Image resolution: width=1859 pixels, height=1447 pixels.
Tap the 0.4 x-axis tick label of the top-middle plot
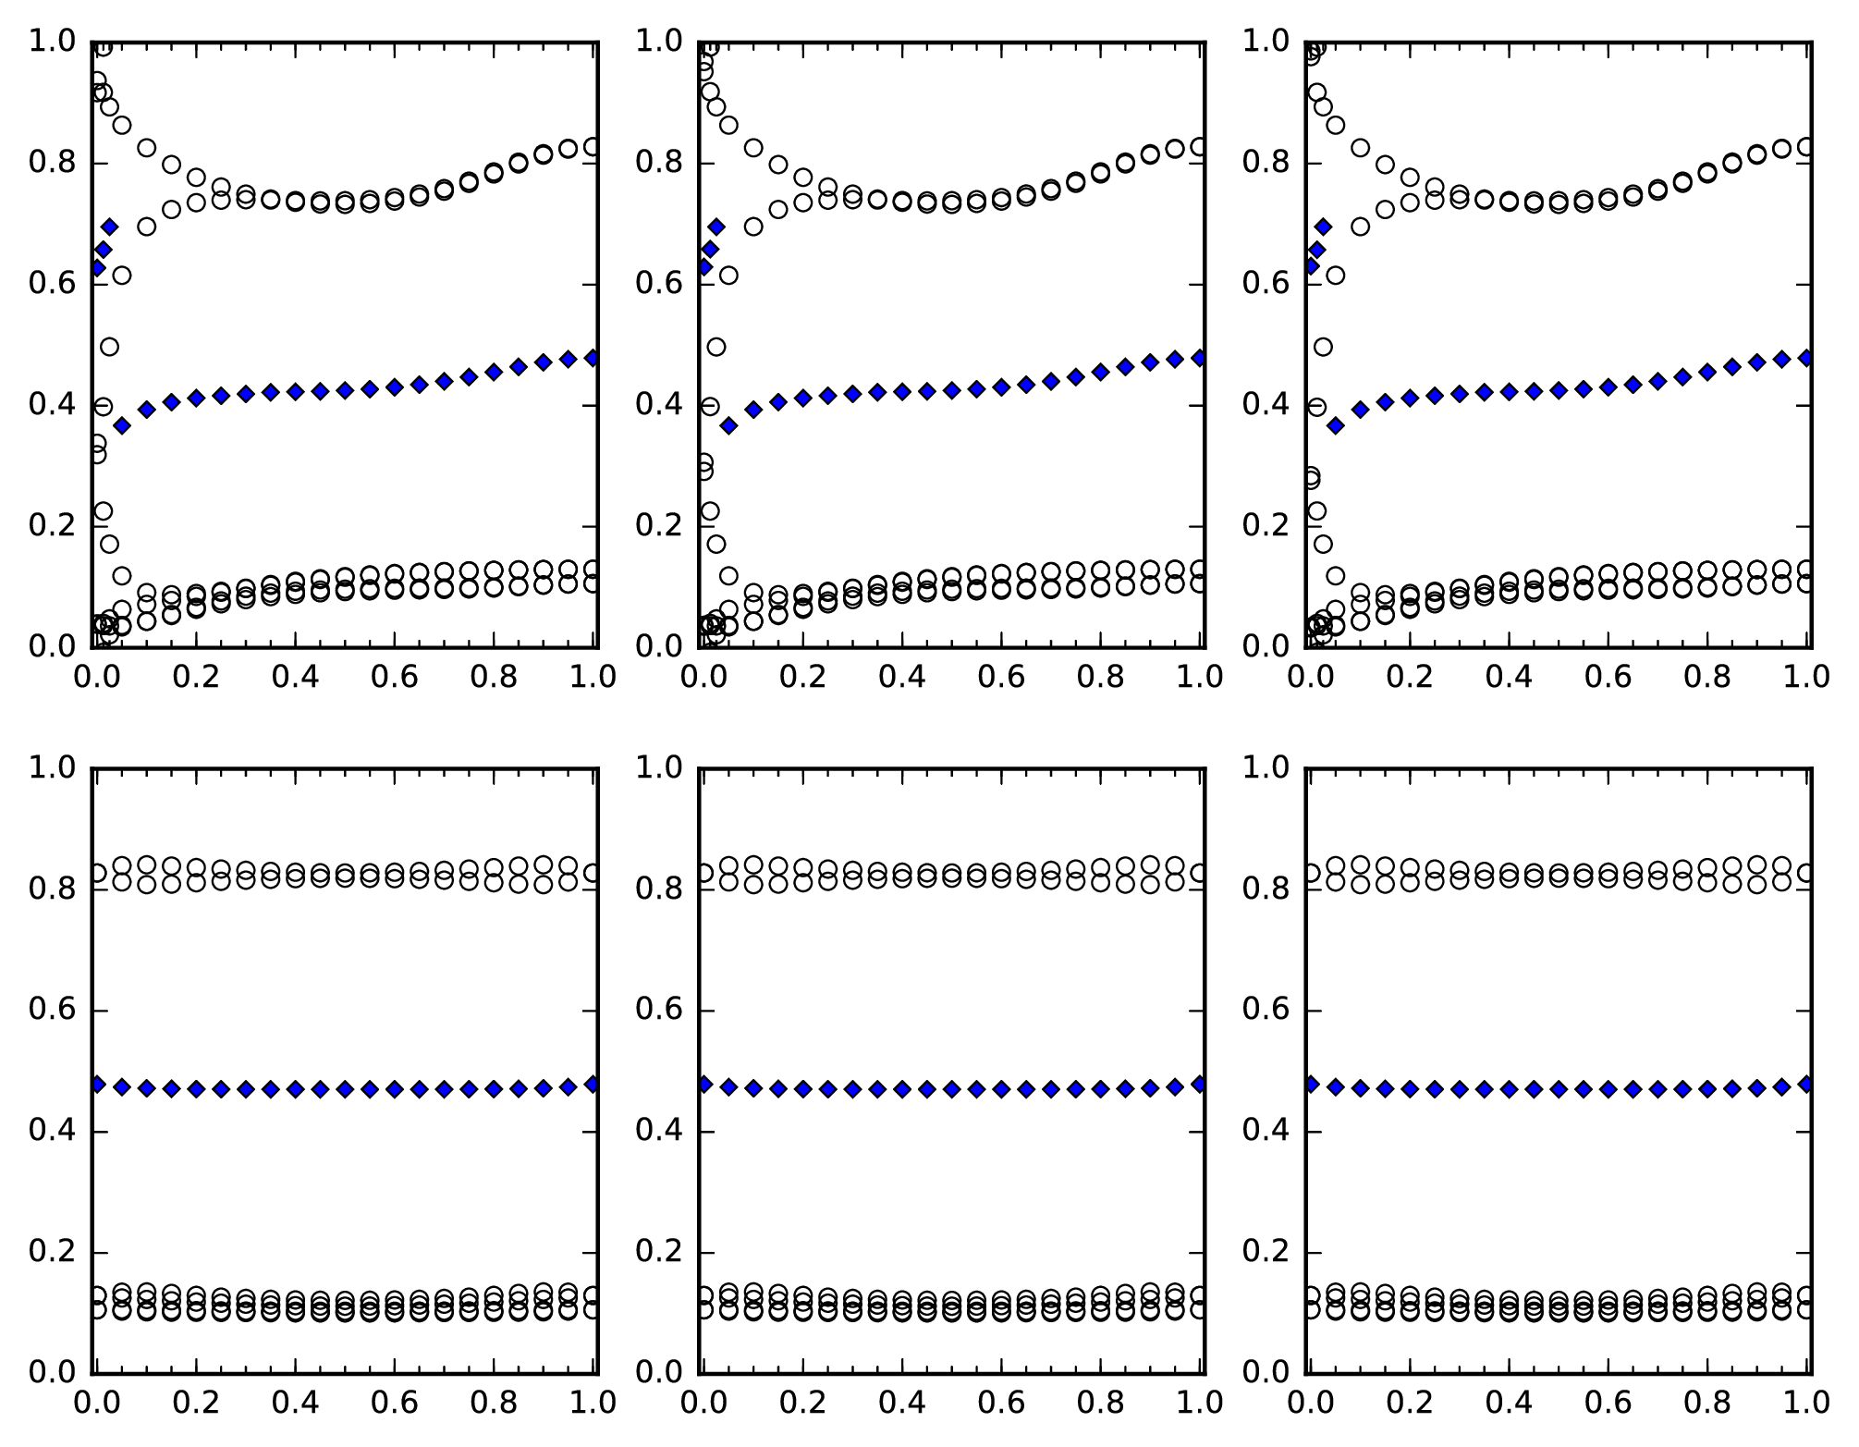pyautogui.click(x=901, y=678)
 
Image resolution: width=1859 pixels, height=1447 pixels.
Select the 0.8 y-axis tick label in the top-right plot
pyautogui.click(x=1266, y=163)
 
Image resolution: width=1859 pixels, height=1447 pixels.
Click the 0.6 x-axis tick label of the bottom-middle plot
pyautogui.click(x=1001, y=1403)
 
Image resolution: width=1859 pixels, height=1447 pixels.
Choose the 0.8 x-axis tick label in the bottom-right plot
pyautogui.click(x=1707, y=1403)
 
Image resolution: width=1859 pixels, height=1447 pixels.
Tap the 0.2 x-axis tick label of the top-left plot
pyautogui.click(x=195, y=678)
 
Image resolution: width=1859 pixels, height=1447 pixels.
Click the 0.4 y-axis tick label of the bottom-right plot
pyautogui.click(x=1266, y=1131)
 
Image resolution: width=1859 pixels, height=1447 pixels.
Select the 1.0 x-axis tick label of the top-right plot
pyautogui.click(x=1806, y=678)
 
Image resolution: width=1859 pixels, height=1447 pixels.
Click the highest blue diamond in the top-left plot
pyautogui.click(x=109, y=226)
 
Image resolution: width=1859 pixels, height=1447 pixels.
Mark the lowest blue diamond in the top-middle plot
pyautogui.click(x=728, y=425)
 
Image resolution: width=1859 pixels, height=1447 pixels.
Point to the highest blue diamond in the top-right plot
pyautogui.click(x=1323, y=226)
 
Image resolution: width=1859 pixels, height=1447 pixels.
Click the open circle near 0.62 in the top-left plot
pyautogui.click(x=121, y=275)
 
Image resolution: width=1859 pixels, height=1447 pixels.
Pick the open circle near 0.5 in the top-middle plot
pyautogui.click(x=716, y=347)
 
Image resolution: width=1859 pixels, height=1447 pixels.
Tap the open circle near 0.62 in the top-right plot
pyautogui.click(x=1335, y=275)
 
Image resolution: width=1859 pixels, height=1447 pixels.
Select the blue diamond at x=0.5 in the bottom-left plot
pyautogui.click(x=345, y=1089)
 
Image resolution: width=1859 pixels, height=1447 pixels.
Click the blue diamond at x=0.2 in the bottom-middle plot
pyautogui.click(x=802, y=1089)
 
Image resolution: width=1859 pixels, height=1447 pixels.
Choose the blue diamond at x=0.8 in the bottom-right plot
pyautogui.click(x=1707, y=1089)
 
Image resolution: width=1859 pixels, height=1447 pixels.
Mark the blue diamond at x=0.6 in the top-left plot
pyautogui.click(x=395, y=387)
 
